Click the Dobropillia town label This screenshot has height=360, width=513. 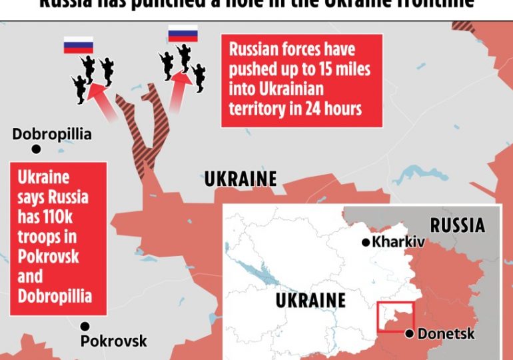point(52,135)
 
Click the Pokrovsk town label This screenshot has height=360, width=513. point(113,341)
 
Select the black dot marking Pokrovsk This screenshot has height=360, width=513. point(85,326)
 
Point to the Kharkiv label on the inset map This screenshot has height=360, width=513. point(398,243)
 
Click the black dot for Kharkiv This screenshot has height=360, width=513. point(365,243)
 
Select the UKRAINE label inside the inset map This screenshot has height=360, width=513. point(310,301)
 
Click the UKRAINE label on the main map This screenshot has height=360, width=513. point(241,179)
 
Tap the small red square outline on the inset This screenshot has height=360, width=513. point(396,316)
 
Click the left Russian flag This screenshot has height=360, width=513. point(78,46)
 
